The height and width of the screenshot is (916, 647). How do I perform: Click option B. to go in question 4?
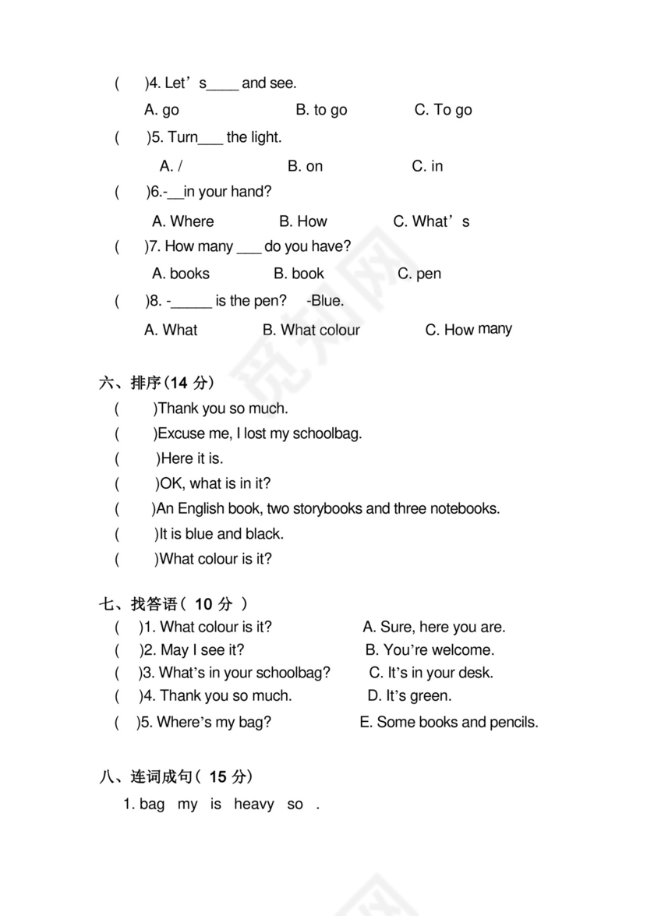(x=321, y=110)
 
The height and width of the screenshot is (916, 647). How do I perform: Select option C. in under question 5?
(x=427, y=166)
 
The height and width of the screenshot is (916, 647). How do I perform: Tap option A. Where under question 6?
(x=182, y=221)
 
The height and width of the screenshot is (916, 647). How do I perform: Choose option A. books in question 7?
(x=180, y=274)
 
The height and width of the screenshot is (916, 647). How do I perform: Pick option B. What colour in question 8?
(x=311, y=330)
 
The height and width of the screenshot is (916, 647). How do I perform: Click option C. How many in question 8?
(x=468, y=330)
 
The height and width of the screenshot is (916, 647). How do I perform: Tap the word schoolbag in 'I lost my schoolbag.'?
(x=327, y=433)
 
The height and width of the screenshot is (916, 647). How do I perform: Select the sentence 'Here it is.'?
(x=192, y=458)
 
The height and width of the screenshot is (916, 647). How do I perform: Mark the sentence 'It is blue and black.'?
(x=221, y=534)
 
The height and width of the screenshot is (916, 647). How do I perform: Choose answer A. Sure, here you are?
(x=434, y=627)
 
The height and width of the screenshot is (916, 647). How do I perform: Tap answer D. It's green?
(x=409, y=695)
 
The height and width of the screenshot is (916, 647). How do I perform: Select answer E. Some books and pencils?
(x=448, y=722)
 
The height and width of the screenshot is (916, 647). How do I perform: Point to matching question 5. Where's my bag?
(x=204, y=722)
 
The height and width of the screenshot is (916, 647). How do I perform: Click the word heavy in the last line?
(x=253, y=805)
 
